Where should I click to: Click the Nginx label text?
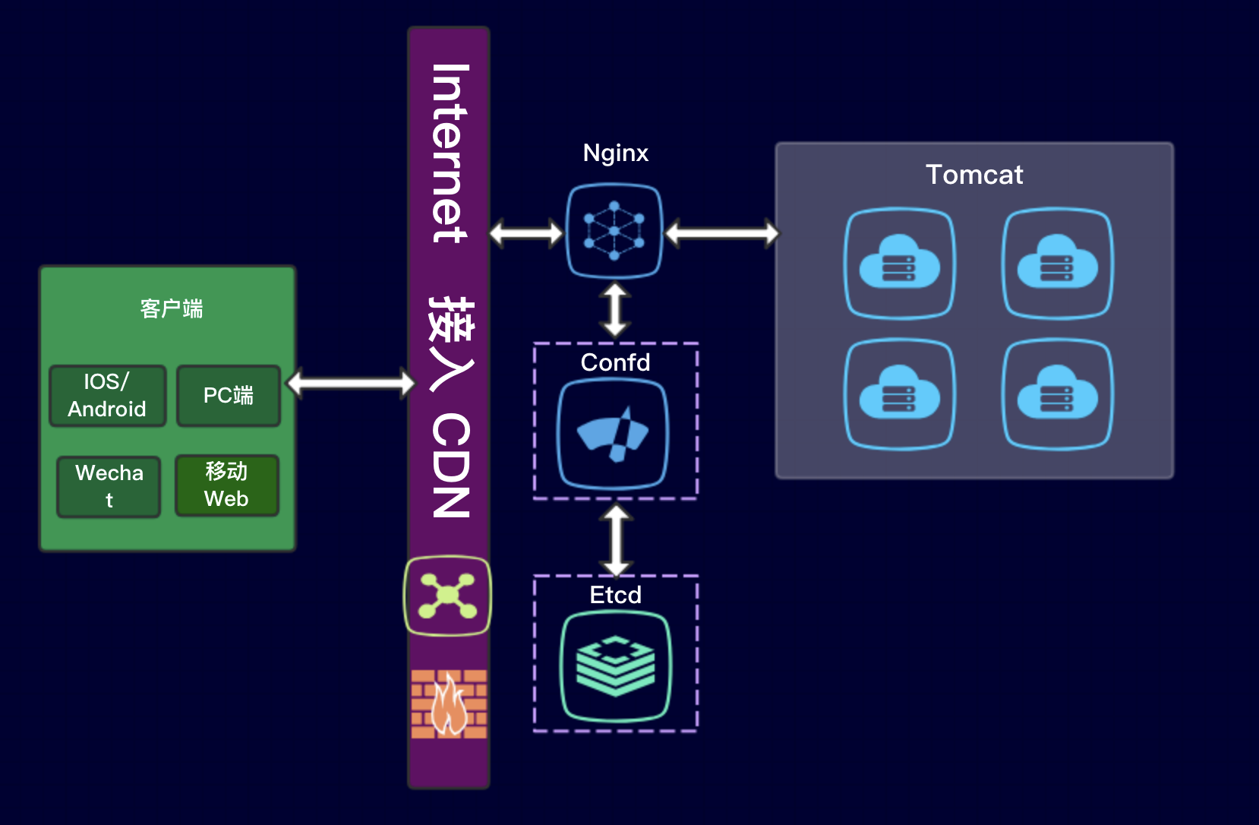click(x=615, y=153)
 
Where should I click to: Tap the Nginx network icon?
click(x=614, y=231)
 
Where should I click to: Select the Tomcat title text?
click(x=974, y=175)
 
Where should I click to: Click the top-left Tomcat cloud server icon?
click(x=900, y=263)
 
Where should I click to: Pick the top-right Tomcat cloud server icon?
click(x=1057, y=263)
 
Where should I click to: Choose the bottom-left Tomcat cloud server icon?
click(x=900, y=394)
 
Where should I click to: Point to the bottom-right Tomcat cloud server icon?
click(x=1057, y=394)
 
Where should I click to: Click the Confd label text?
click(x=615, y=362)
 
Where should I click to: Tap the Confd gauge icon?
click(x=613, y=434)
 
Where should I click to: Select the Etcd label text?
click(x=615, y=595)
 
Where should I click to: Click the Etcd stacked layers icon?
click(x=615, y=666)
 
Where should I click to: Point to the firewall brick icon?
click(x=449, y=703)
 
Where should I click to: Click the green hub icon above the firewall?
click(x=447, y=596)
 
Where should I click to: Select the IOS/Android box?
click(x=107, y=395)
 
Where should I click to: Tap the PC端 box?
click(x=229, y=395)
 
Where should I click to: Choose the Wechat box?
click(x=109, y=486)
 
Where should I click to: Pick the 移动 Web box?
click(x=226, y=485)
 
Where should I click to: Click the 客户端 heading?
click(x=172, y=308)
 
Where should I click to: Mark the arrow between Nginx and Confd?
click(x=615, y=309)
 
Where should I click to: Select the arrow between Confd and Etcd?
click(x=616, y=540)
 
